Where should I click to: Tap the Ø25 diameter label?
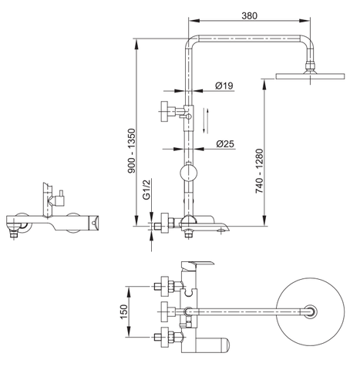225,143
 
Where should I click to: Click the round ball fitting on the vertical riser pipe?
189,173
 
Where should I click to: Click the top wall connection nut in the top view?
163,284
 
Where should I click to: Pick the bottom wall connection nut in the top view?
163,336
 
